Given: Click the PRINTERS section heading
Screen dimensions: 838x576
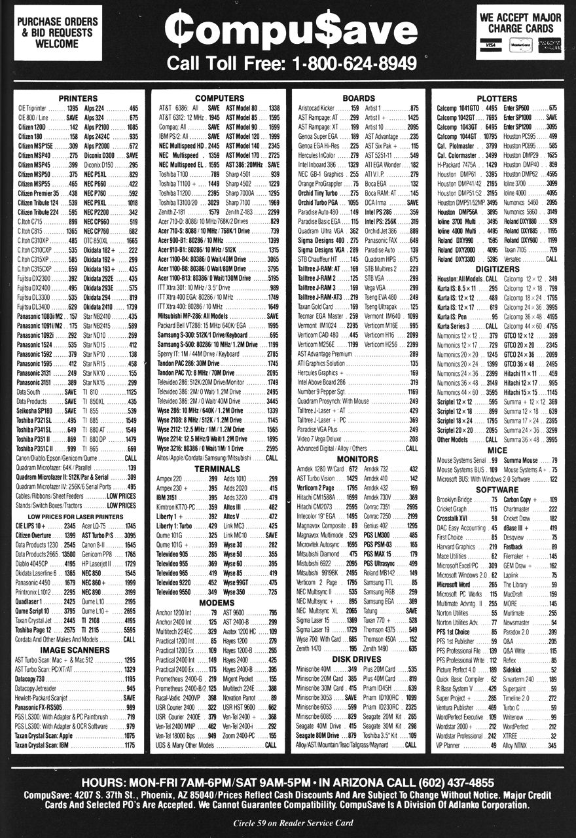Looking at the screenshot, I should [x=78, y=98].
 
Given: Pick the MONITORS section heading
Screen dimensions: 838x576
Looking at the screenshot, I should [x=357, y=459].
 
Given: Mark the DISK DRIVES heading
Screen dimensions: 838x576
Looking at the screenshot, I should [x=357, y=642].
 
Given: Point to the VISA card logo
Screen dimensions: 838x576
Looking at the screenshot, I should [x=490, y=45].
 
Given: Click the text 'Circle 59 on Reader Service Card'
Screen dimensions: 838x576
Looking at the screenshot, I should [x=288, y=823].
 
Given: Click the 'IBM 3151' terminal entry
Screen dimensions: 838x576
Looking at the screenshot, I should [x=167, y=498].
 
